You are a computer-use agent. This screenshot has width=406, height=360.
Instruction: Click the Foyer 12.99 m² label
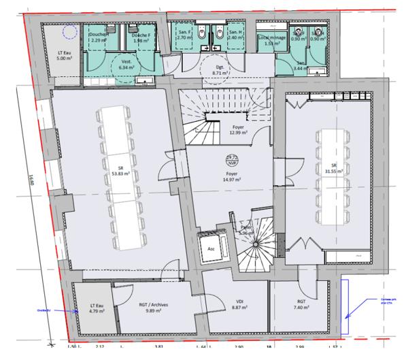pos(235,129)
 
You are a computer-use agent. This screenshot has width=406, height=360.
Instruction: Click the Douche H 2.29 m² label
pos(99,38)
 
